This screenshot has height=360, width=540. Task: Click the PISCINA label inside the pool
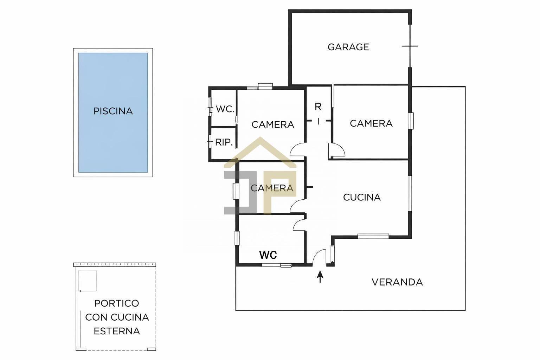tap(113, 111)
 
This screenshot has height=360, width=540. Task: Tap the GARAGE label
tap(348, 47)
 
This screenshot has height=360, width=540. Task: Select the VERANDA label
tap(397, 282)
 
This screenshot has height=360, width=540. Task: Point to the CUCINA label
tap(362, 197)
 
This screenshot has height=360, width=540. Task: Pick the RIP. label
tap(224, 142)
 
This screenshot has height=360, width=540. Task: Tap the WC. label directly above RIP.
tap(225, 109)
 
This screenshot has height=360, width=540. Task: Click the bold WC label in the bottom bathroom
tap(268, 255)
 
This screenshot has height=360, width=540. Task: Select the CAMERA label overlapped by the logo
tap(272, 188)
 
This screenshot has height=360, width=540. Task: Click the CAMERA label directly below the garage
tap(371, 123)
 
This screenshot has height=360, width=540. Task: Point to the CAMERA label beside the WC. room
tap(272, 124)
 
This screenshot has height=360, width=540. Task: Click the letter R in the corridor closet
tap(318, 107)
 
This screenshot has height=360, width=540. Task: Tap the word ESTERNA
tap(117, 331)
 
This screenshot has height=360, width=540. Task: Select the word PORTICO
tap(116, 303)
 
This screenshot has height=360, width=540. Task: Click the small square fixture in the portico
tap(88, 281)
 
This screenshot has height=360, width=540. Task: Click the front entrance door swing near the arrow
tap(319, 257)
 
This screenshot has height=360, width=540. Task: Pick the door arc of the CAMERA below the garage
tap(338, 150)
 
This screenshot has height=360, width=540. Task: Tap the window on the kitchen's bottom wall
tap(373, 236)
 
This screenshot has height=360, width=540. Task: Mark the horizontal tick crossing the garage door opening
tap(410, 46)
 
